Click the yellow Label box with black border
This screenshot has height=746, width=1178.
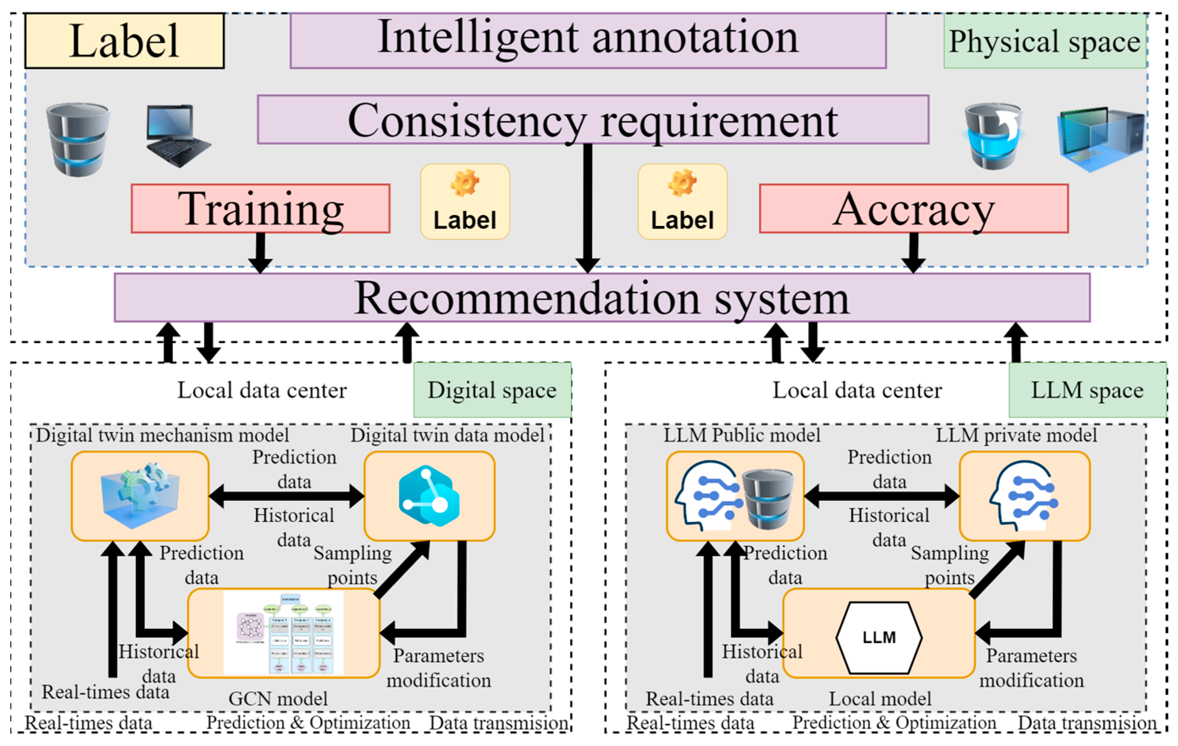[x=124, y=41]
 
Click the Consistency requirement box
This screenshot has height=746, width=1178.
[x=592, y=119]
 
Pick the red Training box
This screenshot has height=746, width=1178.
[x=260, y=208]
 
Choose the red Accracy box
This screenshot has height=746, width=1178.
[x=913, y=208]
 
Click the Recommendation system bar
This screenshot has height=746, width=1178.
[x=602, y=297]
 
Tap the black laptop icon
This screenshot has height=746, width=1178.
[x=177, y=136]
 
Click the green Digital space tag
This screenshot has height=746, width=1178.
[x=492, y=390]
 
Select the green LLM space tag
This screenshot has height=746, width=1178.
[x=1087, y=390]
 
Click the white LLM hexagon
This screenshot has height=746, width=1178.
[x=879, y=637]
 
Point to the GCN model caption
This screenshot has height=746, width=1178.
[x=278, y=699]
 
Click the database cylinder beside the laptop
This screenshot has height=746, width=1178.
[x=78, y=139]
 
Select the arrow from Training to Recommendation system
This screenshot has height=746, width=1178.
[x=260, y=252]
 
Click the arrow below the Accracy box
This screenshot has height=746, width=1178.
[x=913, y=252]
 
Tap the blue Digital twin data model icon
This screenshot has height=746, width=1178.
[x=429, y=495]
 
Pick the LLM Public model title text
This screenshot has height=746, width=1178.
[x=741, y=435]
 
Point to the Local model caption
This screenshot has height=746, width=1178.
[x=879, y=699]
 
